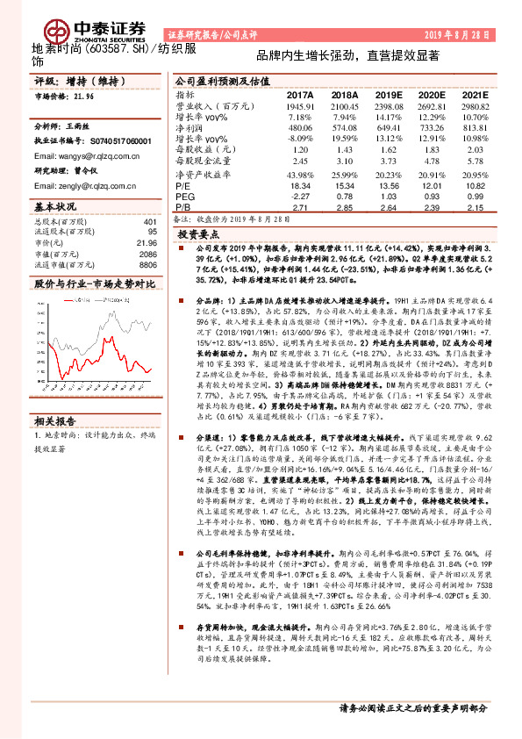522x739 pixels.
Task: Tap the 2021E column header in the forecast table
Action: (x=476, y=94)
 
